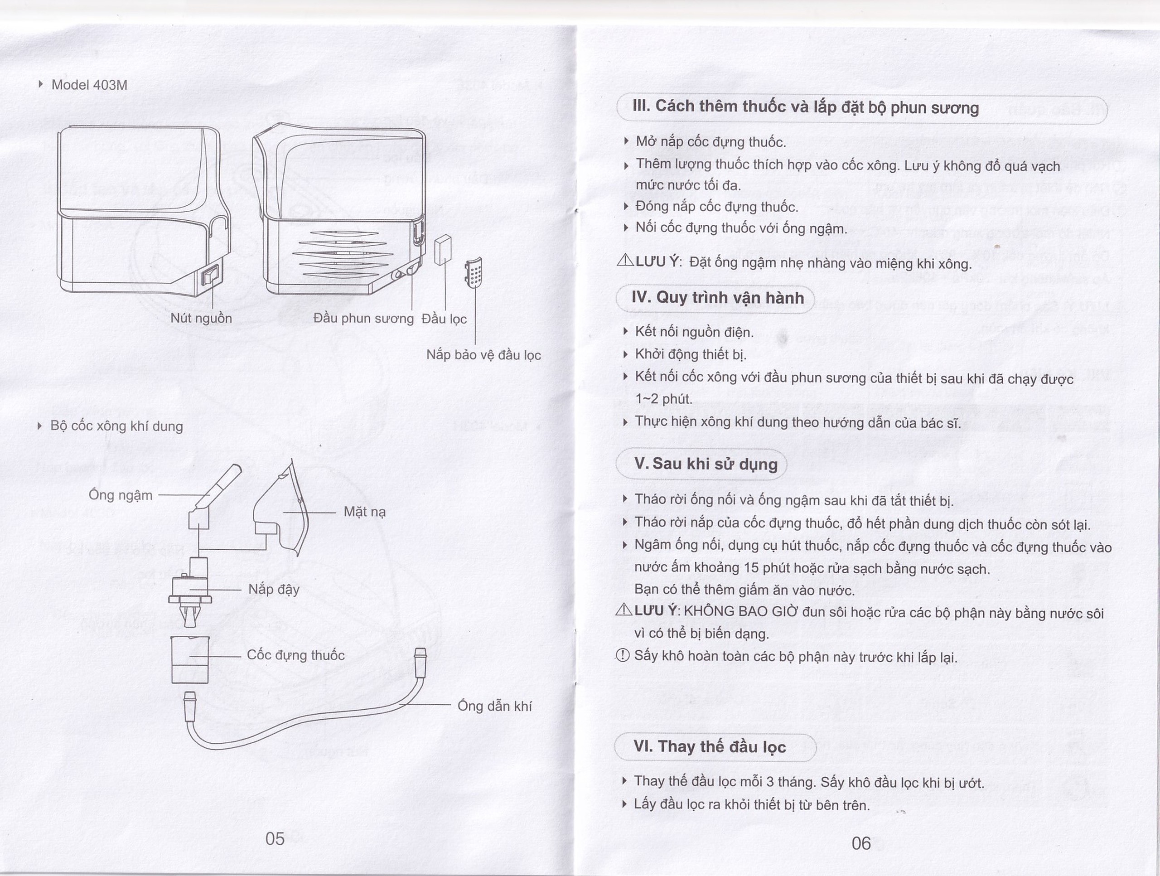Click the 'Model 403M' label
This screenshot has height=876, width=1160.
[x=89, y=85]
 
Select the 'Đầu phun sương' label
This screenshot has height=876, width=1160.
[x=363, y=319]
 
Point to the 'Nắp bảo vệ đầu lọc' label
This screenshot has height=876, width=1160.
[x=483, y=355]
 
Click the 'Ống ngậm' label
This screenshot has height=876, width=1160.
[x=121, y=495]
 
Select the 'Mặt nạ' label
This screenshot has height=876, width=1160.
[x=364, y=512]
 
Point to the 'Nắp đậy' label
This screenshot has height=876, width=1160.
[x=274, y=590]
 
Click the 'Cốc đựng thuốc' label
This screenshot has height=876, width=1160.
[x=296, y=655]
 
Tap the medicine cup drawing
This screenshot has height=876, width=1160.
[x=190, y=660]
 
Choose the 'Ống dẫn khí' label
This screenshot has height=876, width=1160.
[x=494, y=706]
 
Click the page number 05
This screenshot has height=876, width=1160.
[x=275, y=839]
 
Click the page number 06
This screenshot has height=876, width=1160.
[x=861, y=843]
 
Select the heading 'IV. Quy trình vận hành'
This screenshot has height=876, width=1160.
[x=717, y=298]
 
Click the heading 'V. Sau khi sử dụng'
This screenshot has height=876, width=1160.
[x=706, y=464]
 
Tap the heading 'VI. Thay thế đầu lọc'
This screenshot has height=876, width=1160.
[x=710, y=746]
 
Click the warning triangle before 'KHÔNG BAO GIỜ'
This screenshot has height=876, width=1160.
[x=624, y=610]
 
